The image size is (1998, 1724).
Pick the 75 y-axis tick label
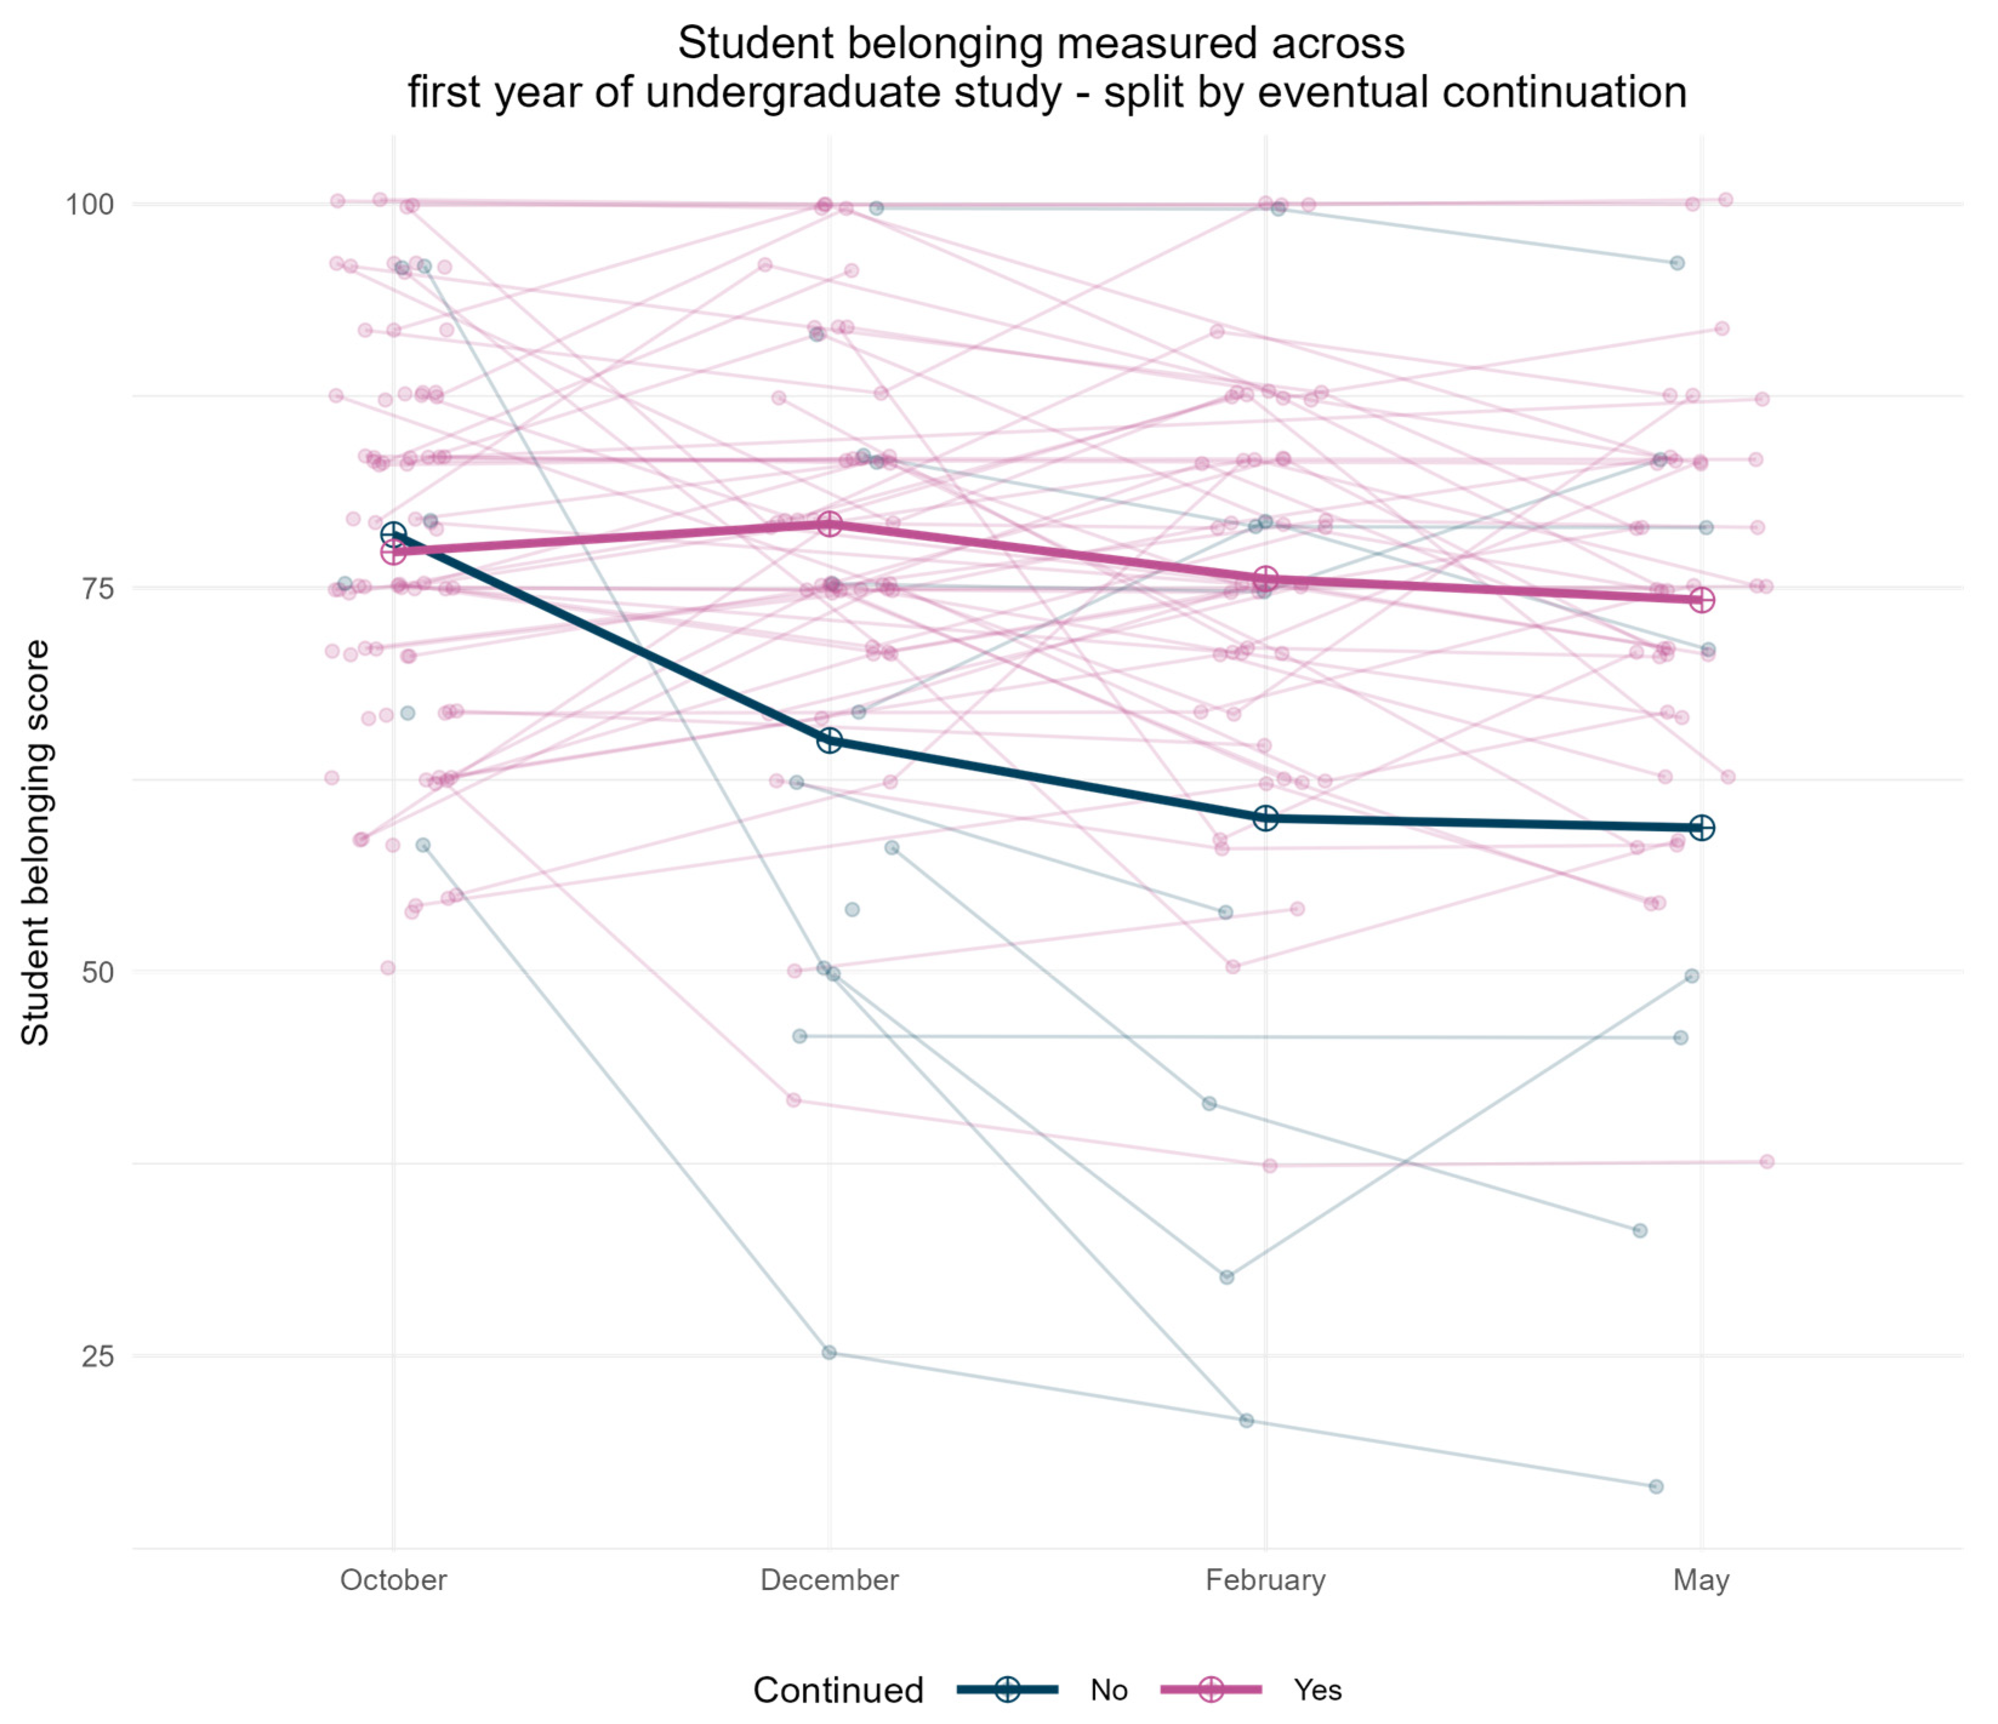point(98,588)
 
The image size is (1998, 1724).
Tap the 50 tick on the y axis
point(98,972)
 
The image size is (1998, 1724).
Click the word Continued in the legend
point(838,1690)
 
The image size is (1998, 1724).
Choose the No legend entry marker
point(1008,1689)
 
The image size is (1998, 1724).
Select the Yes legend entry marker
point(1211,1689)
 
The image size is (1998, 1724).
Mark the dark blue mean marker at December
point(830,741)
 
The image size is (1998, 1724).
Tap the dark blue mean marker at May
point(1702,827)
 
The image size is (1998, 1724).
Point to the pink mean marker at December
point(830,524)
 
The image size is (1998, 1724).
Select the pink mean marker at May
point(1702,600)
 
